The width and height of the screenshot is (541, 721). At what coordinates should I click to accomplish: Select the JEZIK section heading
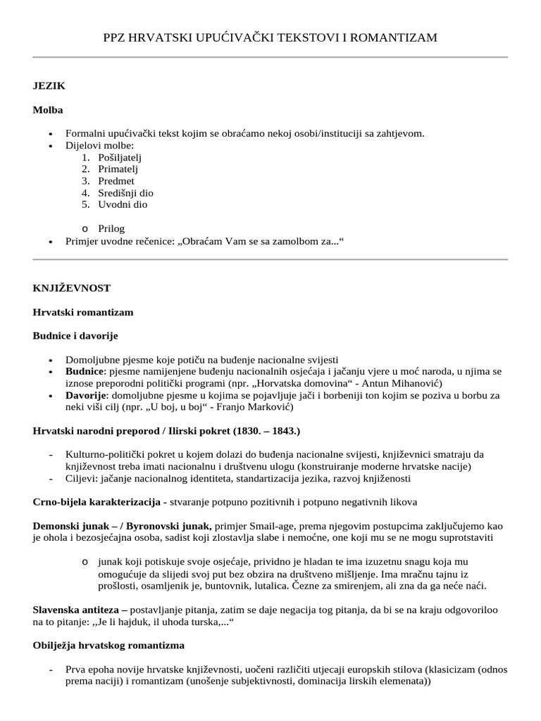pos(49,85)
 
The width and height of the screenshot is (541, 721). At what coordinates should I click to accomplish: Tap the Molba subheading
pos(48,110)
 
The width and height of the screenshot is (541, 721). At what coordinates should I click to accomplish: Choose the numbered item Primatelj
pos(118,169)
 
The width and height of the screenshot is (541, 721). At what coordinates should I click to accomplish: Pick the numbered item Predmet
pos(116,181)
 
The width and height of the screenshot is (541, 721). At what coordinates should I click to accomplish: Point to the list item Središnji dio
pos(125,193)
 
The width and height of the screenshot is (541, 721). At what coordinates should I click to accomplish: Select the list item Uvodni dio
pos(123,205)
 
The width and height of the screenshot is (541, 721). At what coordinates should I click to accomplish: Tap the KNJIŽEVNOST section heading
pos(71,288)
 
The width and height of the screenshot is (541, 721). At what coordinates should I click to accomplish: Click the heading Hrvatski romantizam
pos(83,312)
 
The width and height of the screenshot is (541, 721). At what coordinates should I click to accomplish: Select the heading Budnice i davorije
pos(80,336)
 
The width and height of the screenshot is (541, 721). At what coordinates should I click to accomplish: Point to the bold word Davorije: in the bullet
pos(86,396)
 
